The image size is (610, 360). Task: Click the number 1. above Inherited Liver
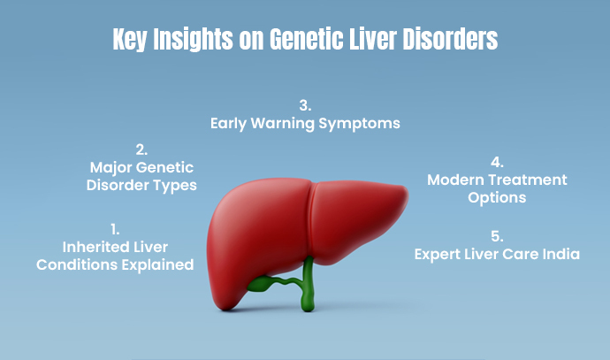(x=115, y=228)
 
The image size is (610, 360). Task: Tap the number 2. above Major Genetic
(x=141, y=149)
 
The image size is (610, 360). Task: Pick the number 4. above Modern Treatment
(x=497, y=163)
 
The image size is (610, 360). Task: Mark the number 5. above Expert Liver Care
(x=497, y=236)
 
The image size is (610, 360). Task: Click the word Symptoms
(x=362, y=124)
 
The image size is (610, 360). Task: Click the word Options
(x=497, y=198)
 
